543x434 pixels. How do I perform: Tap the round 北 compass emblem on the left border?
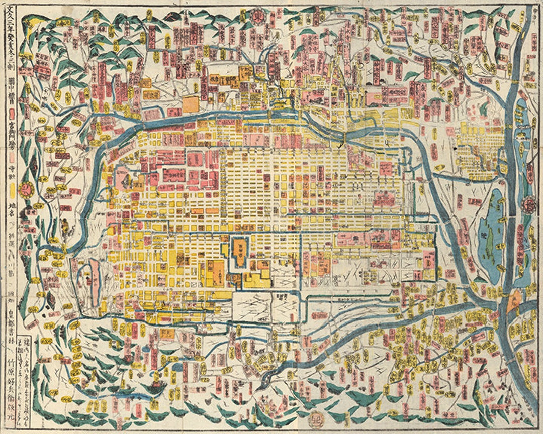25,189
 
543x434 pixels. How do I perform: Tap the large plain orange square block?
191,104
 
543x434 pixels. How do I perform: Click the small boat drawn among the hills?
157,385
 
